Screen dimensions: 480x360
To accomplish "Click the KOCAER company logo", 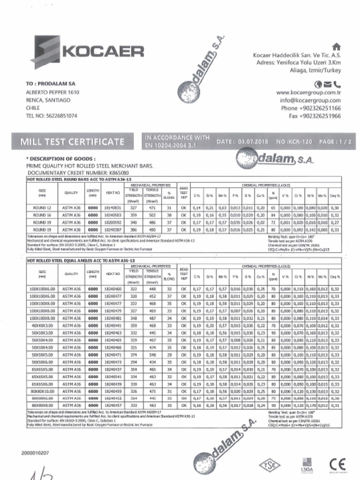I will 87,51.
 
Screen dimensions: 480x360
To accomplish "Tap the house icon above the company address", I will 335,46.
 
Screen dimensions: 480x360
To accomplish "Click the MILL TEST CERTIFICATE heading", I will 72,141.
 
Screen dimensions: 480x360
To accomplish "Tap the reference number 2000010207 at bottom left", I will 35,453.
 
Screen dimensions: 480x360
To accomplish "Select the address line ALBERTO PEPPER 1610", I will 52,92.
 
